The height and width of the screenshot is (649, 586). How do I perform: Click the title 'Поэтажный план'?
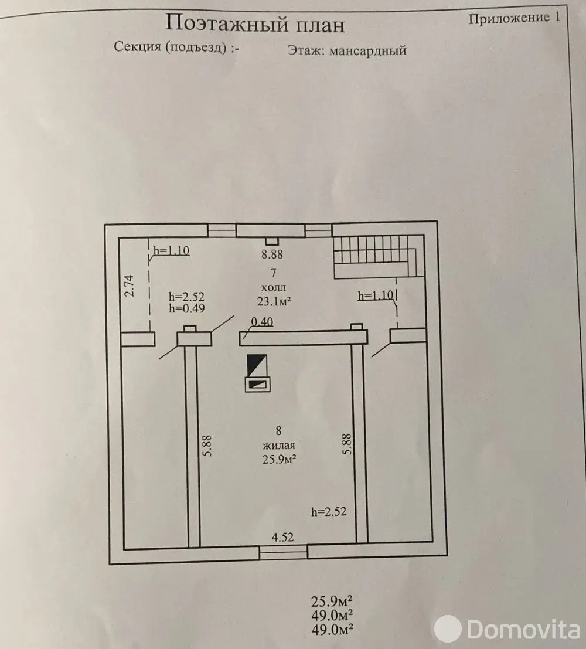point(254,24)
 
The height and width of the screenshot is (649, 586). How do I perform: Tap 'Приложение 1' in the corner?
point(514,17)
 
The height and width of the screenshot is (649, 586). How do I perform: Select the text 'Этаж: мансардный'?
point(347,50)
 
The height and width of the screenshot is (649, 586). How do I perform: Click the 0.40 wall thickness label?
point(262,321)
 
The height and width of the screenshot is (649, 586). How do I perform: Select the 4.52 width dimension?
point(282,536)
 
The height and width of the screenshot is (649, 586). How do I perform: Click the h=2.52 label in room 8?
point(329,511)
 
